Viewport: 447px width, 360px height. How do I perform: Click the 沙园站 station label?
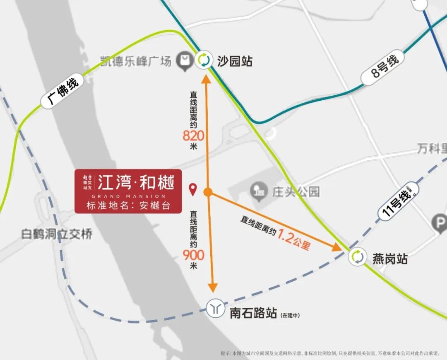coord(235,61)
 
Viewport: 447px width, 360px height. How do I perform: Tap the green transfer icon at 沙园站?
coord(204,60)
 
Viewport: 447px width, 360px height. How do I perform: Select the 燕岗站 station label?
coord(390,259)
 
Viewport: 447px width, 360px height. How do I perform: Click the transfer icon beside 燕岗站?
coord(358,257)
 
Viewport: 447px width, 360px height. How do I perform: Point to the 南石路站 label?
coord(253,313)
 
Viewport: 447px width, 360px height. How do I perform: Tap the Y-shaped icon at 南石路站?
coord(215,309)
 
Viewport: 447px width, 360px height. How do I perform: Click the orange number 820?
coord(193,135)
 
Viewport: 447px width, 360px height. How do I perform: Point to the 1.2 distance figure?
coord(285,237)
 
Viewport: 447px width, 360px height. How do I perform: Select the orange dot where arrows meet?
coord(208,192)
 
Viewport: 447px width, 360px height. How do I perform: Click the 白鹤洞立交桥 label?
coord(57,234)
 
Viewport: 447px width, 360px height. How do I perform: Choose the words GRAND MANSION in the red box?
coord(128,196)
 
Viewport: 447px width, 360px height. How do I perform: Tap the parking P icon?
coord(438,223)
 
